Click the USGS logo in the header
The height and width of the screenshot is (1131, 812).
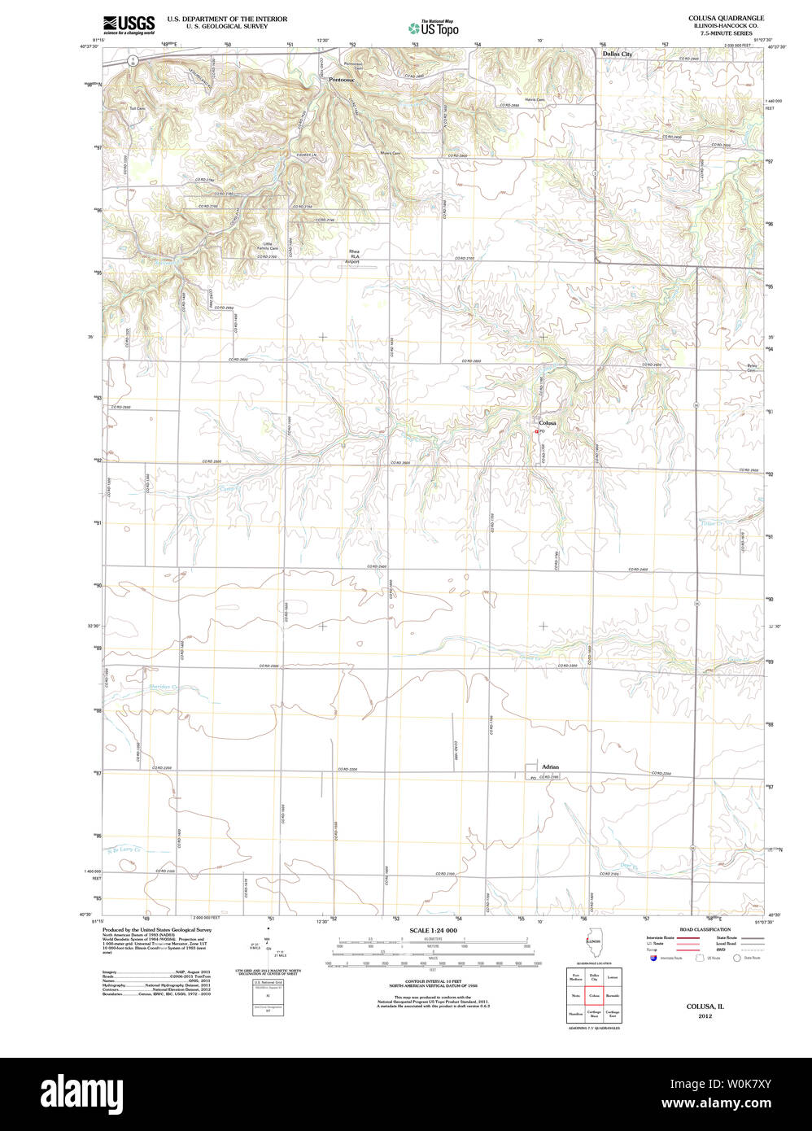(129, 25)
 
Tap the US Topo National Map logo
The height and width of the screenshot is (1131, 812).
(434, 27)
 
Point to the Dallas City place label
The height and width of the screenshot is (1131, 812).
(617, 54)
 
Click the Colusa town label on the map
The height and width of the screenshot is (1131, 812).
(548, 423)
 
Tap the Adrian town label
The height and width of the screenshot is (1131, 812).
(551, 766)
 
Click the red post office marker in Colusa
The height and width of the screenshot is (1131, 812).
(536, 432)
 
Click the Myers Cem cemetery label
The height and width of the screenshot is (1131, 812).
(391, 153)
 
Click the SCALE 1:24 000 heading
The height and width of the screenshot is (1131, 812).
(433, 930)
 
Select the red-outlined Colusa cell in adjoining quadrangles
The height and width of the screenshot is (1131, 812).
(593, 995)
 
